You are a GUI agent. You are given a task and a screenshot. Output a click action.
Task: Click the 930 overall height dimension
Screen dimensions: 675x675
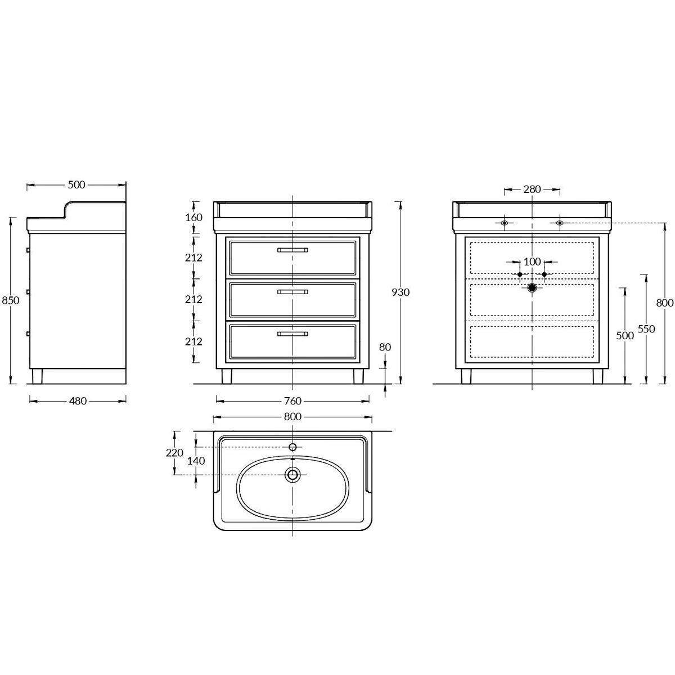pos(400,292)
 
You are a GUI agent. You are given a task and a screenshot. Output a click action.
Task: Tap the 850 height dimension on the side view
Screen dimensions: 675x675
pos(11,300)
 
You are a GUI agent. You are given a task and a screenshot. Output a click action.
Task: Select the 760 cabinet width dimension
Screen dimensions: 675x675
pos(293,400)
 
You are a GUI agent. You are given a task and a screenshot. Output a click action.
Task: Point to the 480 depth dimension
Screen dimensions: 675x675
pos(78,400)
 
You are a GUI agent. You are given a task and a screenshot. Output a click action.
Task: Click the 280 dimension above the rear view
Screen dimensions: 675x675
pos(532,190)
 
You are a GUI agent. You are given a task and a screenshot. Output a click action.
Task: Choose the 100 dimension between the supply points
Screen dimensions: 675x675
pos(532,262)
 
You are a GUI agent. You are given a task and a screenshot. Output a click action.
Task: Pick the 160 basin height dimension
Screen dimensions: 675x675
pos(193,218)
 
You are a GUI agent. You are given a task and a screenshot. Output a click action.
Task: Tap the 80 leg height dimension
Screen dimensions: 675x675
pos(385,347)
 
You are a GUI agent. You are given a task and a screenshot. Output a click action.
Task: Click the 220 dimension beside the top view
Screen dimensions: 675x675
pos(174,453)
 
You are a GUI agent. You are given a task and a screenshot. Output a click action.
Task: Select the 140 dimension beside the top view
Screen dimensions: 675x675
pos(196,461)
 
